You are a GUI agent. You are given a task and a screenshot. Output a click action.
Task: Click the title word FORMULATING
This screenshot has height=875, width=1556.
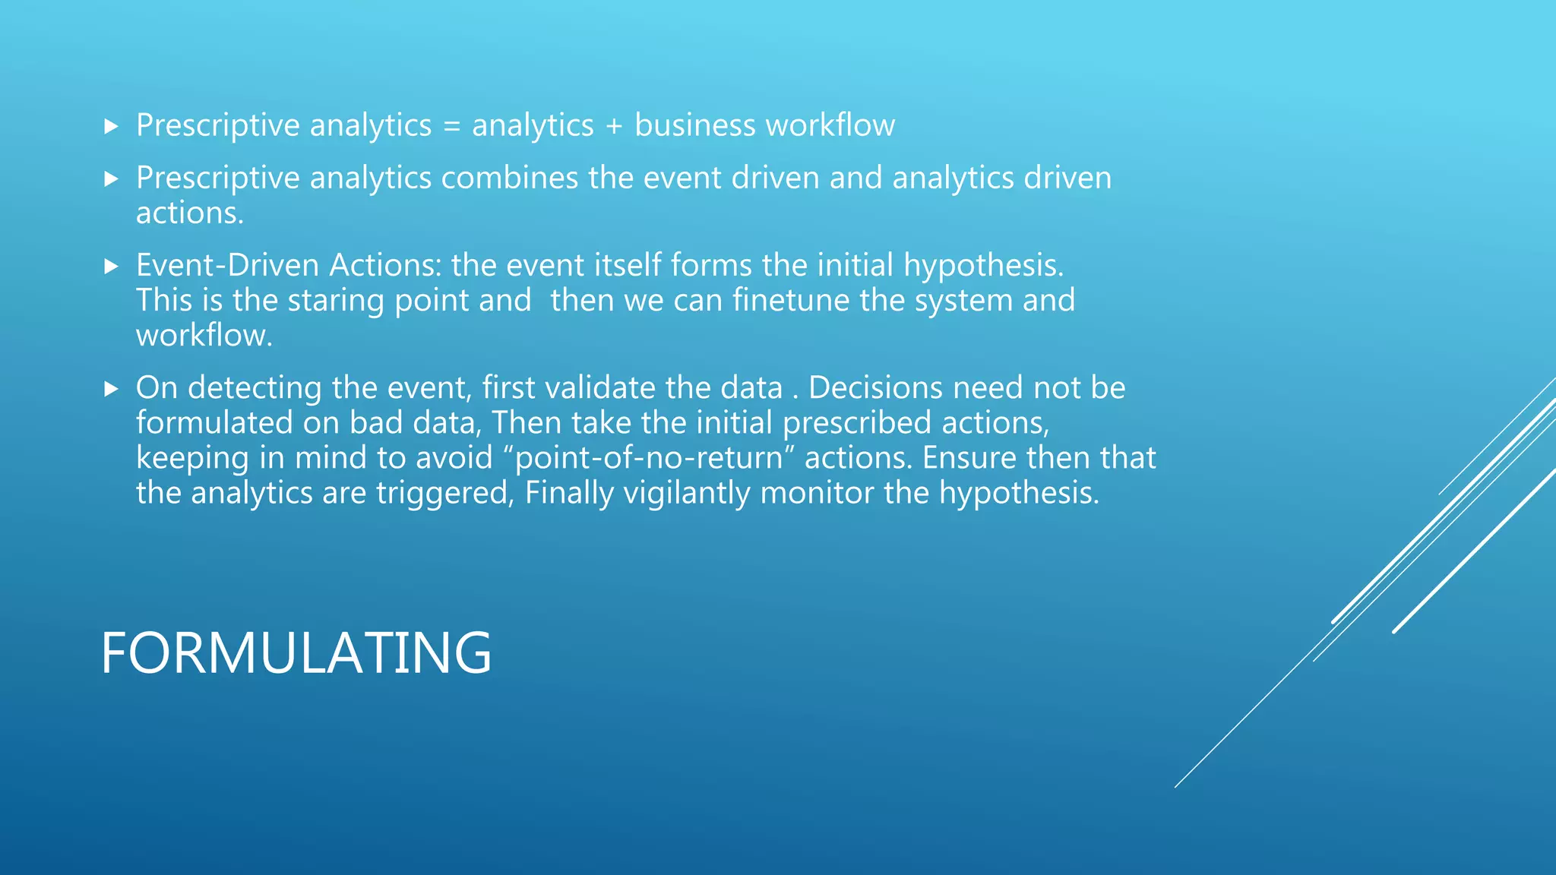click(x=296, y=652)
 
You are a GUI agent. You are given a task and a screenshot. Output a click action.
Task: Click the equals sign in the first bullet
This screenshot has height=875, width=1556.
click(x=451, y=126)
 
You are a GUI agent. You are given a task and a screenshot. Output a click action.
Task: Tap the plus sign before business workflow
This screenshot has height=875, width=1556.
click(x=614, y=126)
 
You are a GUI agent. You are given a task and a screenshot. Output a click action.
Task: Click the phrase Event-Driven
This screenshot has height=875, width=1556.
click(x=228, y=265)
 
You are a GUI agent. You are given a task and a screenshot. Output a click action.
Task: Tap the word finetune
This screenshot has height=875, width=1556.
click(x=791, y=300)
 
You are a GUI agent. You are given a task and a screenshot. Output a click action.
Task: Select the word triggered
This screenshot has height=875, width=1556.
click(x=445, y=494)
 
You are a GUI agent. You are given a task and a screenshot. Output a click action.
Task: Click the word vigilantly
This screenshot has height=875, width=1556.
click(x=687, y=494)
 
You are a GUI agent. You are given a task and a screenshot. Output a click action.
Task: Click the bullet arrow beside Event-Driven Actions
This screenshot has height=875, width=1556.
click(x=112, y=267)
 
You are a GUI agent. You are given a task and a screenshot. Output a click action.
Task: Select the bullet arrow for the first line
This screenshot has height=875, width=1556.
click(x=112, y=127)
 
